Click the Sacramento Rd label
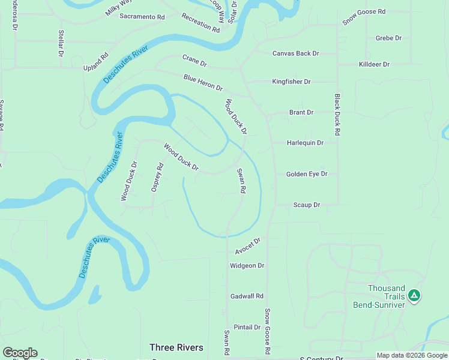(x=142, y=17)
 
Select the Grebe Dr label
(x=388, y=38)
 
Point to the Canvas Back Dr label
(x=295, y=53)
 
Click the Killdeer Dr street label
(x=374, y=64)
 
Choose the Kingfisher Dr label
(x=291, y=82)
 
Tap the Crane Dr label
(x=194, y=61)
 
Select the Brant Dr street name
(x=301, y=112)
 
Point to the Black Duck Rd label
(x=337, y=114)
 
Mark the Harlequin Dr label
(x=305, y=143)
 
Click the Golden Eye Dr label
(x=307, y=174)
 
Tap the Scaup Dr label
(x=306, y=205)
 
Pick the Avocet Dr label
(x=248, y=246)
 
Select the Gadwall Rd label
(x=247, y=296)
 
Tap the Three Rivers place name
(x=176, y=347)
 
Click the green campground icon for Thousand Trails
(x=414, y=295)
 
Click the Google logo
(x=20, y=353)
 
